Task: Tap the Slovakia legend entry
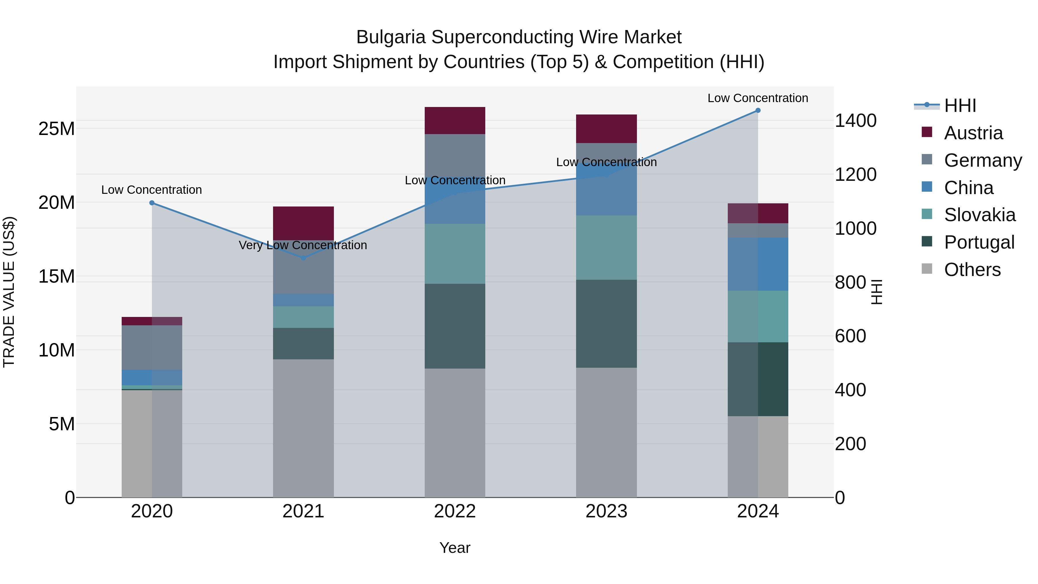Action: (x=979, y=215)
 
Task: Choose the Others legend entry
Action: (x=972, y=270)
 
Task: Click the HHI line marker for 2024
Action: (x=757, y=110)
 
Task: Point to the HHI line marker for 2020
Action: (x=152, y=203)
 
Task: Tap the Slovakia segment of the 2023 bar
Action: (x=606, y=247)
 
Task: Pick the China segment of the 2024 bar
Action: (x=757, y=264)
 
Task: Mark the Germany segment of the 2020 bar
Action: (x=152, y=348)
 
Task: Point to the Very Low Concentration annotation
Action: (x=303, y=245)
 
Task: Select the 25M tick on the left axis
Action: (x=57, y=129)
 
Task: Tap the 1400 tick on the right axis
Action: (x=855, y=121)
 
